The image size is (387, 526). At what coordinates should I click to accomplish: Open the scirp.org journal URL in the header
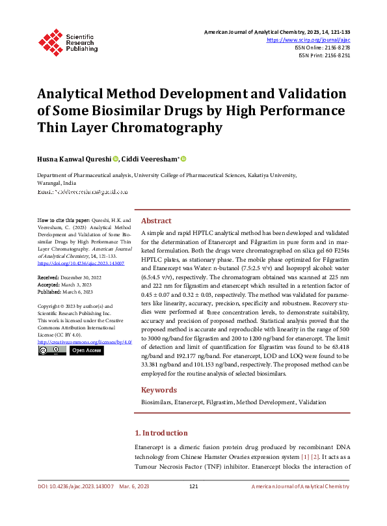coord(313,39)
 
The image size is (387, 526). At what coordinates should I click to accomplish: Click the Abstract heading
coord(156,221)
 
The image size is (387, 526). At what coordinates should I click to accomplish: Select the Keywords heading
coord(159,390)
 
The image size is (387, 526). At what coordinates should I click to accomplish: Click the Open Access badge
coord(86,350)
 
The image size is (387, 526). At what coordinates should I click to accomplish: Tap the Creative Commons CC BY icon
coord(51,350)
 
